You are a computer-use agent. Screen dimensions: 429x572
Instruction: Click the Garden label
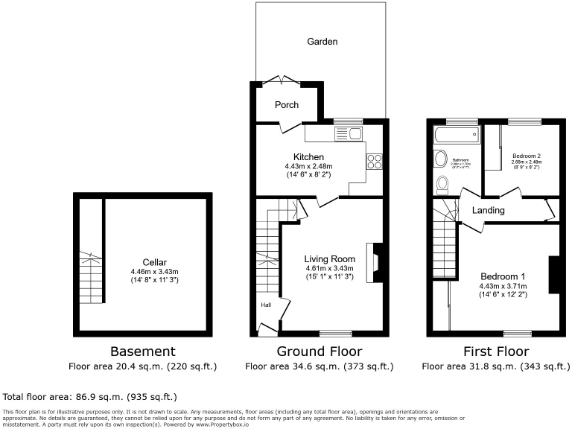coord(322,42)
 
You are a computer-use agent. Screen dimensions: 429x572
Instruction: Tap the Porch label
coord(287,105)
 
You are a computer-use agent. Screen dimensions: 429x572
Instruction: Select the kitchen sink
coord(348,133)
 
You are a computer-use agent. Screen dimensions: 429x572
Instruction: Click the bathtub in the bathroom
coord(455,134)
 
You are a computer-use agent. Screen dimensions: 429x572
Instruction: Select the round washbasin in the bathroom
coord(439,159)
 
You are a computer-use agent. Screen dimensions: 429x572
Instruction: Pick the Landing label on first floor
coord(488,211)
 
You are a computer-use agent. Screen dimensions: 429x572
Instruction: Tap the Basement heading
coord(142,352)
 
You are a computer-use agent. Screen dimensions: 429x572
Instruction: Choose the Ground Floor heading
coord(320,352)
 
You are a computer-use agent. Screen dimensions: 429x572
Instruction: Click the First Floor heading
coord(495,352)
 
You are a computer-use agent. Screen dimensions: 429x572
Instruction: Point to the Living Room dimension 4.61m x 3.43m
coord(328,268)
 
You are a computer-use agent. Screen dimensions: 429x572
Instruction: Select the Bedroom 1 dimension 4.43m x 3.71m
coord(503,286)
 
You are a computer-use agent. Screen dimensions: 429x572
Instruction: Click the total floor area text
coord(90,397)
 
